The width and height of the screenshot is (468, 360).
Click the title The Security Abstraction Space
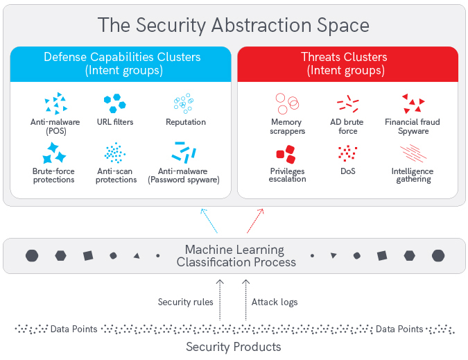click(234, 26)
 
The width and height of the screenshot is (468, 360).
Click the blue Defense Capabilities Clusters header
click(121, 64)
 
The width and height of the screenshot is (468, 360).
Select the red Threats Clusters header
click(347, 64)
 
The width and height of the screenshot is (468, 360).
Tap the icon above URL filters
click(115, 103)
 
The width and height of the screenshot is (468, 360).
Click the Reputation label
click(186, 122)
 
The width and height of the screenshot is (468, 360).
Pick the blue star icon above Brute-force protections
click(54, 153)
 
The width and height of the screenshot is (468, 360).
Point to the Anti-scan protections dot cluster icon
click(115, 153)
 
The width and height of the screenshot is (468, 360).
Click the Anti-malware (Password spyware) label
click(184, 175)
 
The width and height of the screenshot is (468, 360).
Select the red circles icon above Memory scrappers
click(286, 103)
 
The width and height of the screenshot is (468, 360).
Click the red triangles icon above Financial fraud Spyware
click(413, 104)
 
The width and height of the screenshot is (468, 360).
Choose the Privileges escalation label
click(287, 175)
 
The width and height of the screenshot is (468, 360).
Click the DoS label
click(348, 171)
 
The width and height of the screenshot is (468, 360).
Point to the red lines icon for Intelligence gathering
click(413, 153)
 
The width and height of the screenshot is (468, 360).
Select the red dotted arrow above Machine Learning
click(254, 220)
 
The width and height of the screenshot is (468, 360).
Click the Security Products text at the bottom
click(234, 347)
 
